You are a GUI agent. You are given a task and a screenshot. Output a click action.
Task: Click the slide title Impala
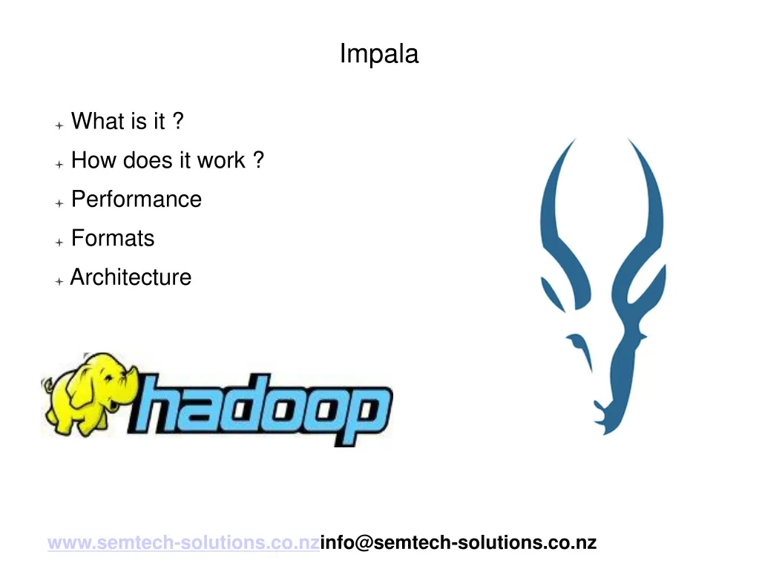click(x=379, y=54)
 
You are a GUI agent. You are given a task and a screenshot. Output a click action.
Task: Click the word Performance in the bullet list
click(x=136, y=200)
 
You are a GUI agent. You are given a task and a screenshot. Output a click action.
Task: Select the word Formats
click(x=113, y=238)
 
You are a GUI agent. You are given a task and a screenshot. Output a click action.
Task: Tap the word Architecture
click(x=131, y=277)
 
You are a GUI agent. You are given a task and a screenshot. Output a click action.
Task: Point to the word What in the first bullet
click(x=97, y=121)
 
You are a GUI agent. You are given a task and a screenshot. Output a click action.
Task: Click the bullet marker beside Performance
click(x=59, y=203)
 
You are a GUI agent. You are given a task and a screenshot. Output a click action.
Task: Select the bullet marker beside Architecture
click(x=59, y=281)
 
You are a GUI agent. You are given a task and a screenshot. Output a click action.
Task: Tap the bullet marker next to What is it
click(x=59, y=125)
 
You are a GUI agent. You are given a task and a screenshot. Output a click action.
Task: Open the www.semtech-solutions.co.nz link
click(x=183, y=543)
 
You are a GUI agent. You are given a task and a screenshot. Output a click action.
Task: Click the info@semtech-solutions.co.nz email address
click(x=458, y=543)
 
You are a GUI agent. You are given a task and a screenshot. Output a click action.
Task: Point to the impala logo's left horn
click(x=552, y=215)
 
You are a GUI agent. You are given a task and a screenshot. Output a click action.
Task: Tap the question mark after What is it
click(x=177, y=121)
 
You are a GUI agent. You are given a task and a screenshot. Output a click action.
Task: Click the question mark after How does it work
click(x=257, y=160)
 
